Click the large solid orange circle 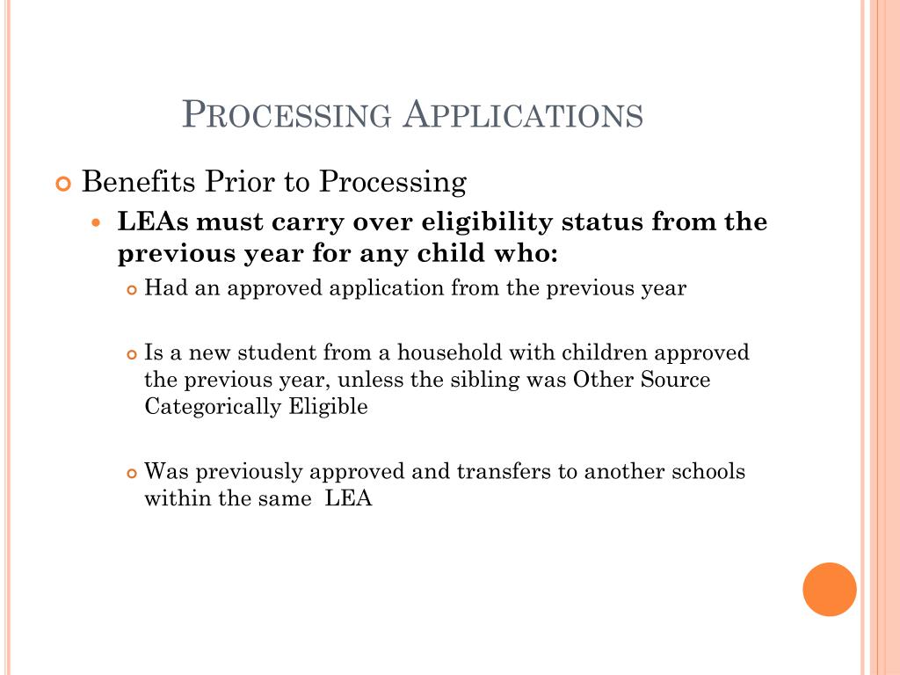click(830, 589)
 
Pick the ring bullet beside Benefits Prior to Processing click(62, 184)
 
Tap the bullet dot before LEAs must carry click(98, 223)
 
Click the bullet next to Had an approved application click(133, 290)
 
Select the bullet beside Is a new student click(133, 355)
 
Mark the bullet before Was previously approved click(133, 473)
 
